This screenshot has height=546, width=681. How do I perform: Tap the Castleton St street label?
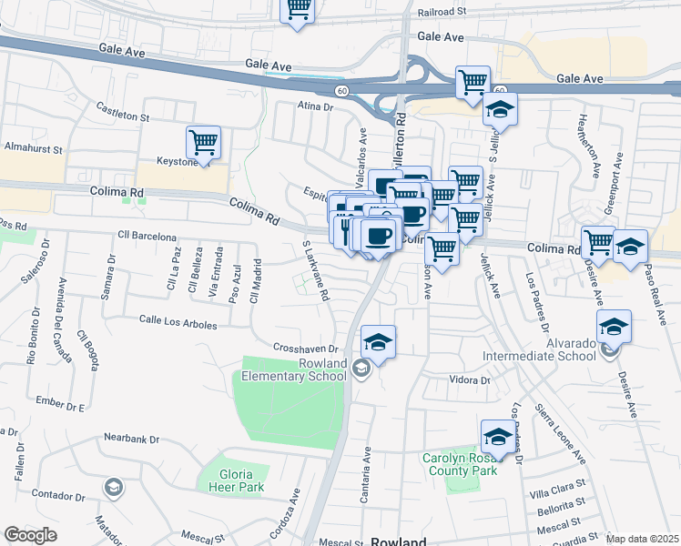(x=124, y=116)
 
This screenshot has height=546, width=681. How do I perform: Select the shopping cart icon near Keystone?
(x=203, y=142)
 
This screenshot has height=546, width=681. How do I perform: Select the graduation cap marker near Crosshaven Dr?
(x=379, y=342)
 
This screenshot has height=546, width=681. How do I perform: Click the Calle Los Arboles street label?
(x=178, y=323)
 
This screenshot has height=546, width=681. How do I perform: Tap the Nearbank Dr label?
(x=131, y=439)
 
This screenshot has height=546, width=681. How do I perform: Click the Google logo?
(x=30, y=535)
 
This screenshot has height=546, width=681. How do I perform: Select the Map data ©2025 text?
(x=642, y=539)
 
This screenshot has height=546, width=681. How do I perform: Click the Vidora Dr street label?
(x=469, y=379)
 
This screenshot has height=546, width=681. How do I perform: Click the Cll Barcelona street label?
(x=147, y=237)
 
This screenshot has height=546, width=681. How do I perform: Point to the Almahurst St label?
(x=32, y=147)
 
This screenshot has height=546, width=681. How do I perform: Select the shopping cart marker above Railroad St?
(x=298, y=11)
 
